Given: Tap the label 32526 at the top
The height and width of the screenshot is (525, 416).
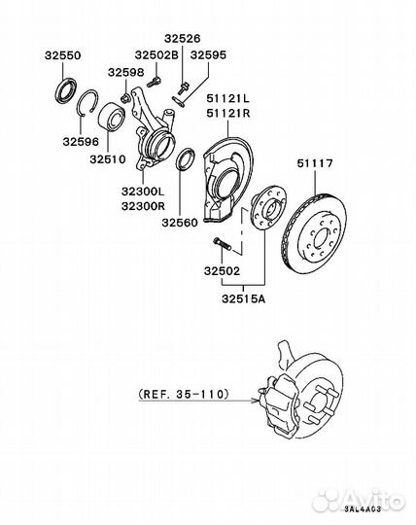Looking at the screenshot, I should click(182, 39).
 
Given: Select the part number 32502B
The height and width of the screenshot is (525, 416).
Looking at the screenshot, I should click(156, 55).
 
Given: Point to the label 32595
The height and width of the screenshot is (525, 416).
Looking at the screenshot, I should click(207, 55).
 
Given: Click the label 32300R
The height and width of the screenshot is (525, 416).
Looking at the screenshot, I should click(144, 207).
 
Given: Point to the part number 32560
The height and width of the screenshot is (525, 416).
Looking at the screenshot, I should click(179, 222).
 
